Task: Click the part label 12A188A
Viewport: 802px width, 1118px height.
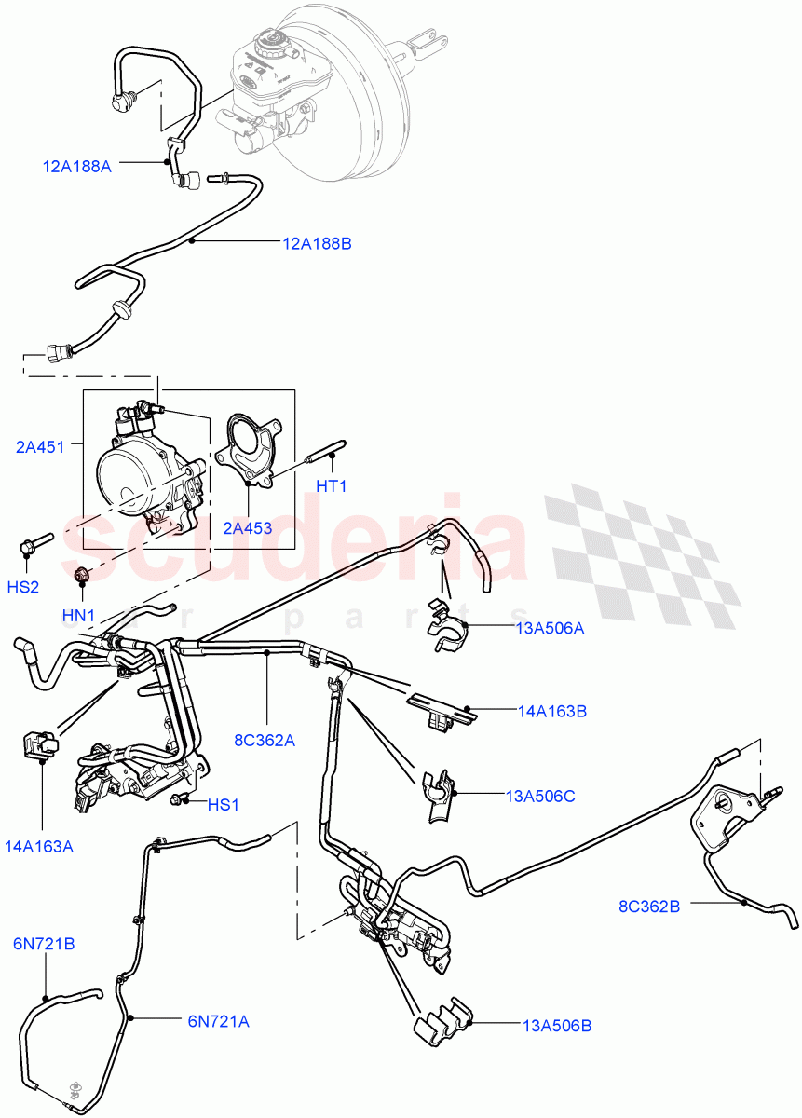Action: click(76, 167)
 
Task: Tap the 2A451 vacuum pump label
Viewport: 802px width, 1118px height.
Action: click(40, 446)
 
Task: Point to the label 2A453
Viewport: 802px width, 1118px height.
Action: click(248, 528)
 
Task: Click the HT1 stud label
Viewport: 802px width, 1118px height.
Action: click(331, 485)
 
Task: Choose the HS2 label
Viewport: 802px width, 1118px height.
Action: click(23, 587)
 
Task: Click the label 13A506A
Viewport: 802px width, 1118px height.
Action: click(550, 628)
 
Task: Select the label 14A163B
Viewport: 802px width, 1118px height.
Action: click(552, 711)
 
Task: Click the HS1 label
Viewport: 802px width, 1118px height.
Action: click(224, 804)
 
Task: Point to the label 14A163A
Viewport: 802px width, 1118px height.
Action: click(39, 846)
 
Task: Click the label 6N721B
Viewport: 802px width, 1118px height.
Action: click(44, 944)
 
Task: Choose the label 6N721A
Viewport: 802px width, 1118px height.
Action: click(218, 1021)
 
